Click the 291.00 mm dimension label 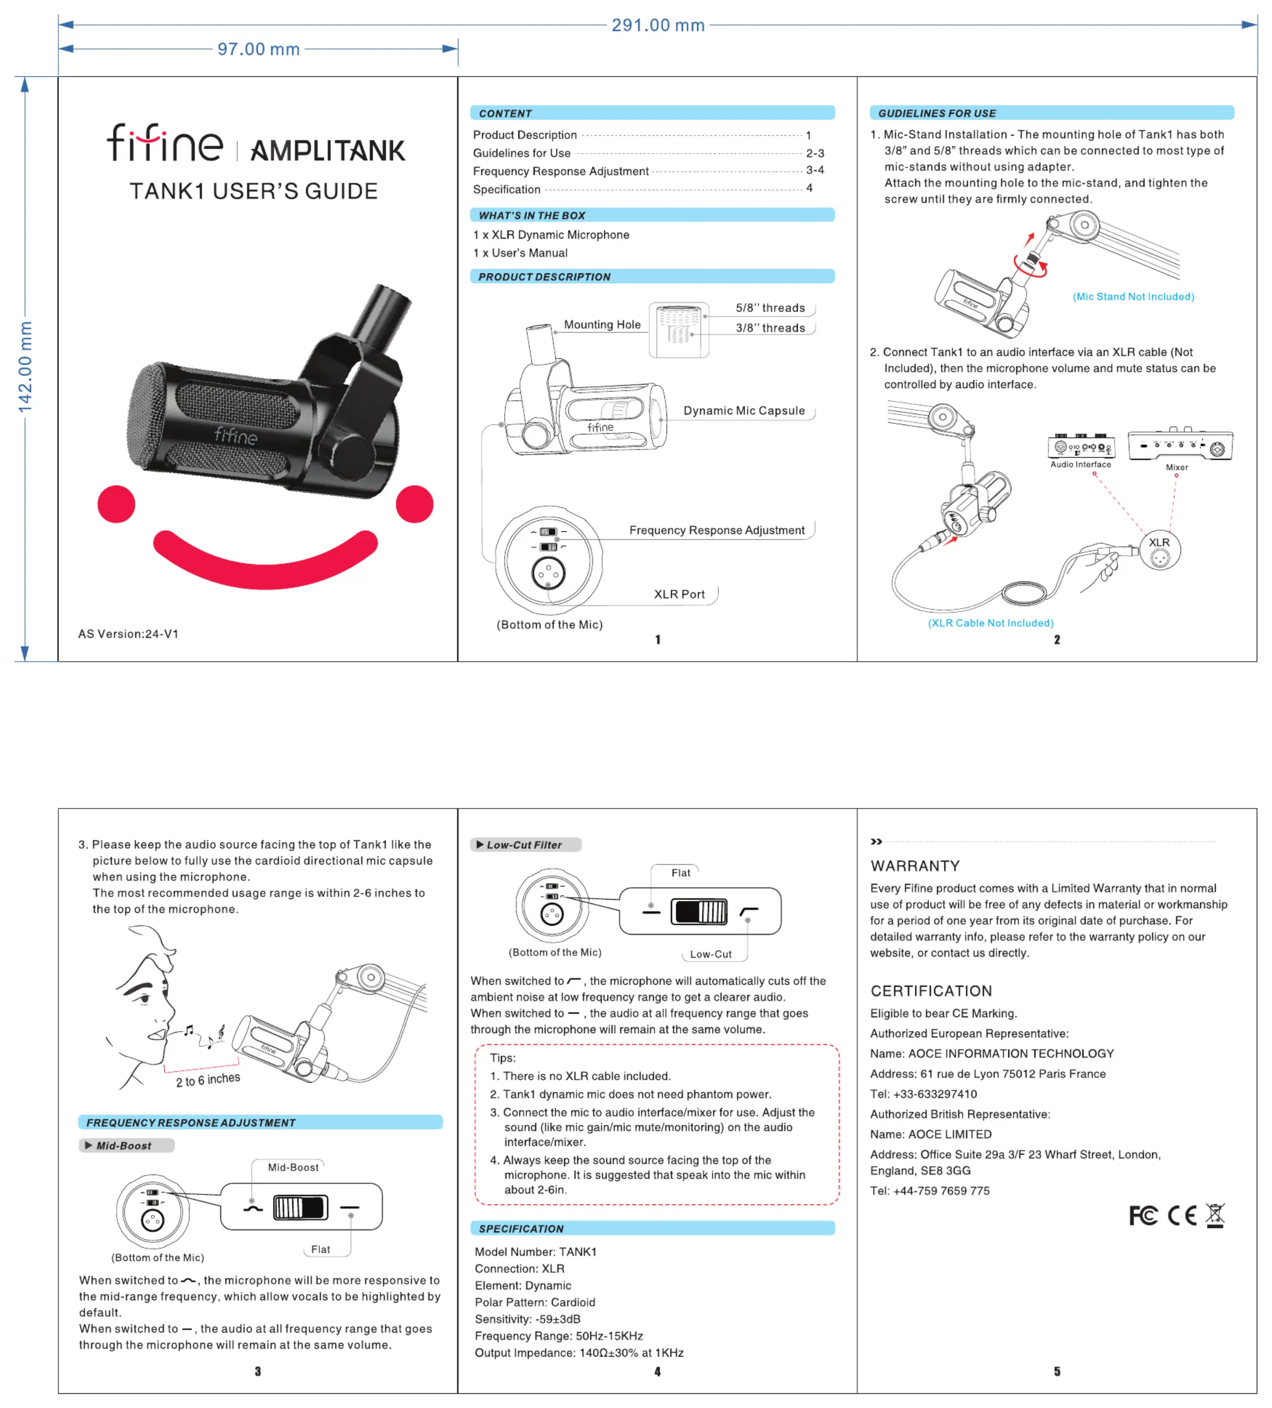click(657, 25)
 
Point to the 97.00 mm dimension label click(258, 49)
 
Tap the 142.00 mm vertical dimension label click(25, 367)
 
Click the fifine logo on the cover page click(165, 143)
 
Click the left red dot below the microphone click(116, 503)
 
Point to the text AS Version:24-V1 click(128, 634)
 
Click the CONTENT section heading click(505, 113)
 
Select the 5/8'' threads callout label click(770, 308)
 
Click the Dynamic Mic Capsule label click(743, 411)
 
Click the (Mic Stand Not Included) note click(1133, 296)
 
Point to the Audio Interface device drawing click(1080, 446)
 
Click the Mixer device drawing click(1180, 444)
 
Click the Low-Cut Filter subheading click(524, 845)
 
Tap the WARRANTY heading click(915, 866)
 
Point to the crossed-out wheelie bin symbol click(1215, 1215)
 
